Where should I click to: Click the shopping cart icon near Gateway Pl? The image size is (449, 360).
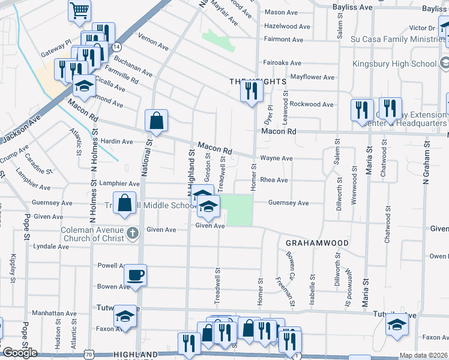(79, 11)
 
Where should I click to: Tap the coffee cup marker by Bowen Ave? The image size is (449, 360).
(134, 275)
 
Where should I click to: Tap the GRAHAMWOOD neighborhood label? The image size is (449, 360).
(317, 243)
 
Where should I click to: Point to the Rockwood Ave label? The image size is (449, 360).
(312, 104)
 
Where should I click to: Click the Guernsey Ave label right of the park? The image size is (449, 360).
(288, 203)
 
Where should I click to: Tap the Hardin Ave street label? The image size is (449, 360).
(117, 142)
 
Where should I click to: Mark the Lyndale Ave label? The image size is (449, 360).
(51, 247)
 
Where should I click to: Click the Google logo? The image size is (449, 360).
(20, 353)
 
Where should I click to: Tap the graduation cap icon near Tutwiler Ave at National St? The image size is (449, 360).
(125, 315)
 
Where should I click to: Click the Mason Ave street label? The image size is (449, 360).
(282, 12)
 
